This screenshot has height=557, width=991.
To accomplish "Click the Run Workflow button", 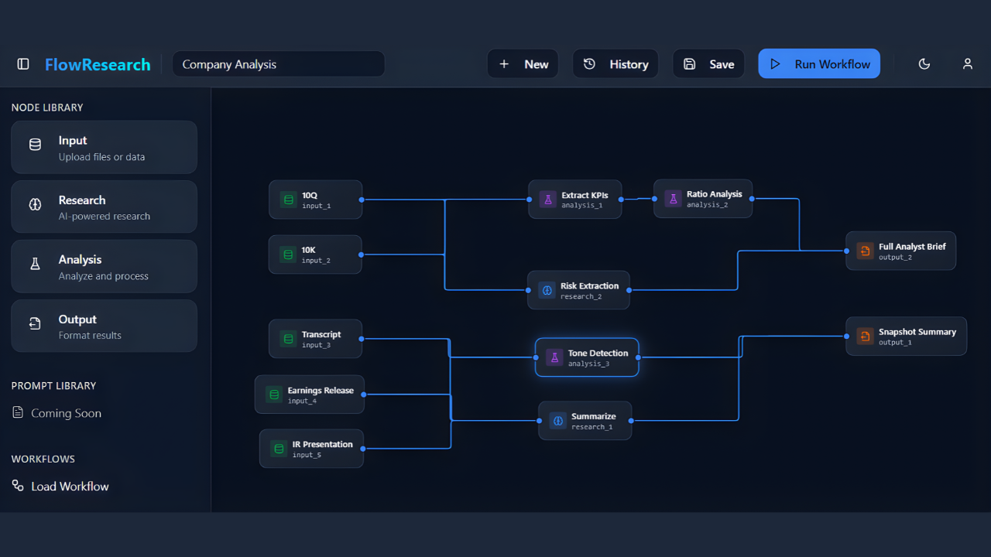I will click(x=819, y=64).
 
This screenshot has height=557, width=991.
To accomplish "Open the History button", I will click(x=616, y=64).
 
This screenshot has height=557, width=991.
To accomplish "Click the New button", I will click(x=523, y=64).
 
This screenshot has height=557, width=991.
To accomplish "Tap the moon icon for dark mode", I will click(x=924, y=64).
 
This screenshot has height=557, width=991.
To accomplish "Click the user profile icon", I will click(x=968, y=64).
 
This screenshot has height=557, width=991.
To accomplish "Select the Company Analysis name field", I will click(x=278, y=64).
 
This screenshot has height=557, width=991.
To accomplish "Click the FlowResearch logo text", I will click(x=98, y=64).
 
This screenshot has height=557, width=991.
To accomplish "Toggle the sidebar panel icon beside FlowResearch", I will click(x=23, y=64).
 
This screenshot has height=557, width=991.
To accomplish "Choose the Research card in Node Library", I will click(x=104, y=207).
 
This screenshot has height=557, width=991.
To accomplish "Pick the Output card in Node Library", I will click(x=104, y=326).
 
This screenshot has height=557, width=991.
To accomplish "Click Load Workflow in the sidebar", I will click(x=70, y=486).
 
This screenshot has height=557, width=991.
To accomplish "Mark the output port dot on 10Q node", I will click(x=362, y=200).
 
